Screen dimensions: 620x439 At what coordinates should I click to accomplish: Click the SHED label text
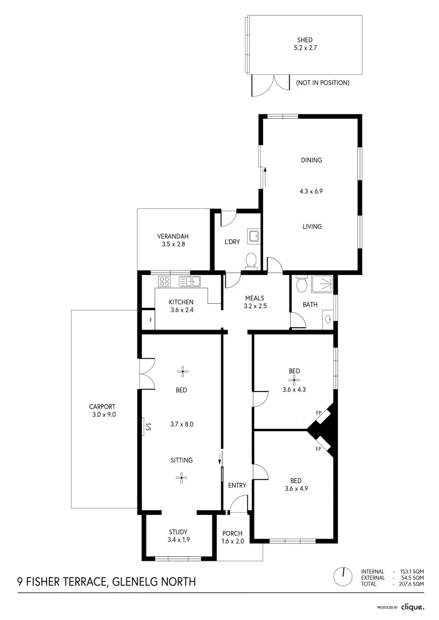tap(305, 40)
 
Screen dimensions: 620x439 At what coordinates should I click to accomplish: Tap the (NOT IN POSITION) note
tap(322, 83)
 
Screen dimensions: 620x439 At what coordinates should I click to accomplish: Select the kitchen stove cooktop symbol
tap(164, 281)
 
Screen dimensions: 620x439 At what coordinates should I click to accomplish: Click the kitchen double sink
tap(189, 281)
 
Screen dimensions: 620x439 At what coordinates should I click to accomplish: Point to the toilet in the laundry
tap(251, 261)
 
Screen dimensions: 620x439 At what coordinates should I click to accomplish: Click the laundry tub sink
tap(253, 236)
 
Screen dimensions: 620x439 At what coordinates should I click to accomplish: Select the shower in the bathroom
tap(322, 285)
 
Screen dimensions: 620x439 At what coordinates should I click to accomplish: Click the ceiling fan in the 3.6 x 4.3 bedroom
tap(294, 379)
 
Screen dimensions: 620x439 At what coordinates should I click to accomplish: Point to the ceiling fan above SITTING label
tap(182, 476)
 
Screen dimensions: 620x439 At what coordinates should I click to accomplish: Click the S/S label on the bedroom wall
tap(148, 427)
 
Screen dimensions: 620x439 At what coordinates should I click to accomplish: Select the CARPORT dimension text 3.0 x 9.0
tap(103, 414)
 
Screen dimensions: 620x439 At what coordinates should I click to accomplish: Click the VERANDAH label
tap(173, 236)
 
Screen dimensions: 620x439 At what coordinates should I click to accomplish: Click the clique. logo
tap(412, 606)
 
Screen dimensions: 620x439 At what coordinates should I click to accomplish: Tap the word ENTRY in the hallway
tap(237, 485)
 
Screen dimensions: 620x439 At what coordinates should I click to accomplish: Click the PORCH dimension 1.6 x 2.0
tap(233, 541)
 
